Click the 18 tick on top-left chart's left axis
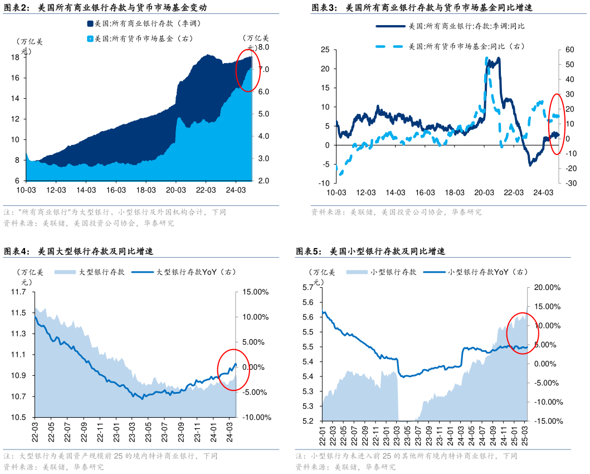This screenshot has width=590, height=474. click(x=16, y=57)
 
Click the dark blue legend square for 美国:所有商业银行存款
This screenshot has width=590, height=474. click(x=90, y=24)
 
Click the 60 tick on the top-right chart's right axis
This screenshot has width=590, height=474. click(x=569, y=50)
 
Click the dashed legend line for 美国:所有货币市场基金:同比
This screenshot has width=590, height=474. click(x=389, y=46)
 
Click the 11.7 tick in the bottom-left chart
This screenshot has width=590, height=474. click(x=20, y=292)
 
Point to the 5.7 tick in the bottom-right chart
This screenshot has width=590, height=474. click(x=308, y=287)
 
